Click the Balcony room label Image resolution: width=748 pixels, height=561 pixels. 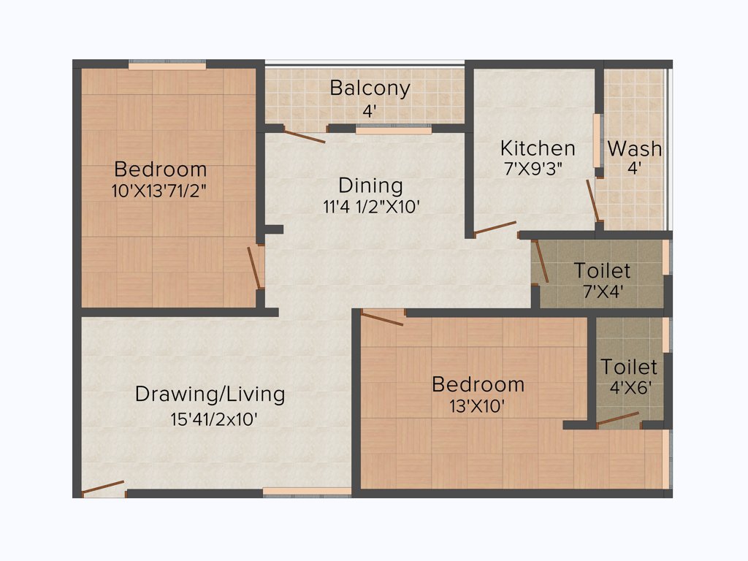coord(370,88)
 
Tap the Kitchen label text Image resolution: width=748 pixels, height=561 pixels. coord(538,148)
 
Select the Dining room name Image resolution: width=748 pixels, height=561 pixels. coord(370,186)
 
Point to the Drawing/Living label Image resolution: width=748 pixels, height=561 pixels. coord(210,394)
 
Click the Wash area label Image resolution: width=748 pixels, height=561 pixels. coord(634,149)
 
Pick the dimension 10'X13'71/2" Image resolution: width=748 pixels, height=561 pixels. coord(161,191)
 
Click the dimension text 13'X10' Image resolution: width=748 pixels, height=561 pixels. coord(478,406)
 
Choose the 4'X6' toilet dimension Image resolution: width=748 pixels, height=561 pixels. coord(629,387)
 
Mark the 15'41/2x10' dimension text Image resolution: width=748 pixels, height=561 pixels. coord(213,420)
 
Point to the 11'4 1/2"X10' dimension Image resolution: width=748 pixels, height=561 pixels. coord(370,207)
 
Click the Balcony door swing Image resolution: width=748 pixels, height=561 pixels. coord(304,136)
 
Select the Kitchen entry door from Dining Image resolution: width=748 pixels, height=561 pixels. coord(495,228)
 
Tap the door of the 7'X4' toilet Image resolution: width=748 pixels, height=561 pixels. coord(541,261)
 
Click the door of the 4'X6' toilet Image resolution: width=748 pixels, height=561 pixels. coord(618,419)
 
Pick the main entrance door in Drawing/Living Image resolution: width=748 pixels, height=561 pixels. coord(103,489)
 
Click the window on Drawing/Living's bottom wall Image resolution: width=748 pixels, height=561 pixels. coord(307,491)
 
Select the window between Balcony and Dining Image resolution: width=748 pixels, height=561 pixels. coord(393,130)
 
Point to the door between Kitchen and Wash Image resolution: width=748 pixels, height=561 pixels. coord(594,200)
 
